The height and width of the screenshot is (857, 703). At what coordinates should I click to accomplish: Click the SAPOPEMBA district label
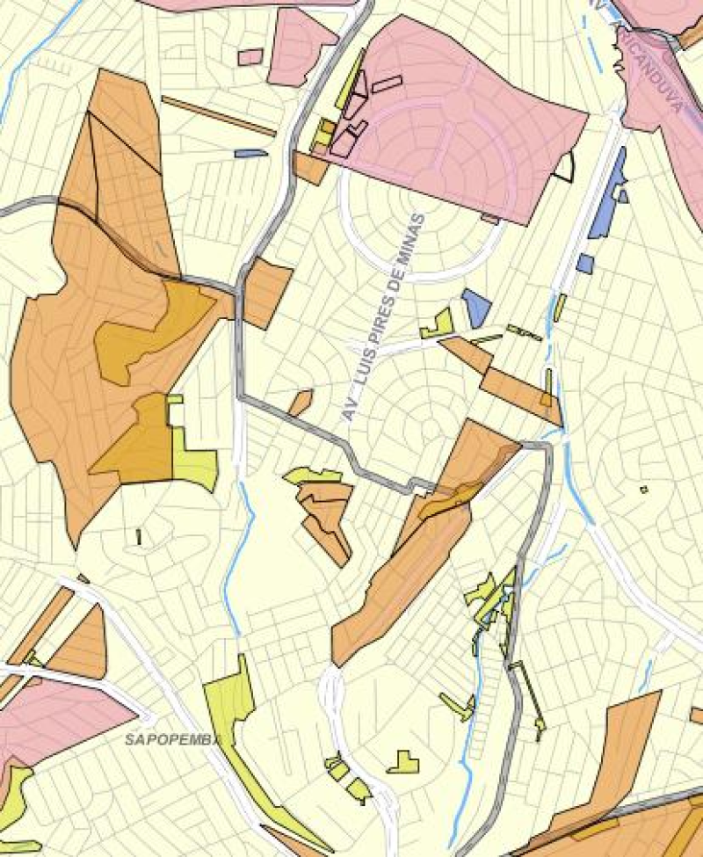[170, 739]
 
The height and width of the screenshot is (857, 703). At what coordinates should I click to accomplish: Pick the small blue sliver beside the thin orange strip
[251, 153]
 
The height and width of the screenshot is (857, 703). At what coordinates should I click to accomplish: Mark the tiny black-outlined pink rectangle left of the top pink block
[250, 57]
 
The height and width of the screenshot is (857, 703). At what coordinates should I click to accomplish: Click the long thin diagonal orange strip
[218, 116]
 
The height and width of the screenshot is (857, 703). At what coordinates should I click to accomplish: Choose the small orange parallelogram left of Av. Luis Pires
[301, 402]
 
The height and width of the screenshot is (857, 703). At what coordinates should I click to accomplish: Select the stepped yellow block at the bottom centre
[404, 762]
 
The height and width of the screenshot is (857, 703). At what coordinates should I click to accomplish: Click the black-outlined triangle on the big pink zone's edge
[564, 167]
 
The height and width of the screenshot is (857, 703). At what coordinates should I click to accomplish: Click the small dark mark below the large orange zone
[139, 535]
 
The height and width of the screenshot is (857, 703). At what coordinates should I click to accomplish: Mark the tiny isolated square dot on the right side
[643, 489]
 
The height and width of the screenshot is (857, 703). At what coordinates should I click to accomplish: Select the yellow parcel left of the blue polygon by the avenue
[438, 325]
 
